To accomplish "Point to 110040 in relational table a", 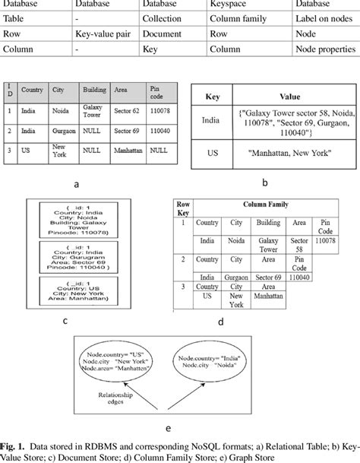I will click(159, 131).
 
